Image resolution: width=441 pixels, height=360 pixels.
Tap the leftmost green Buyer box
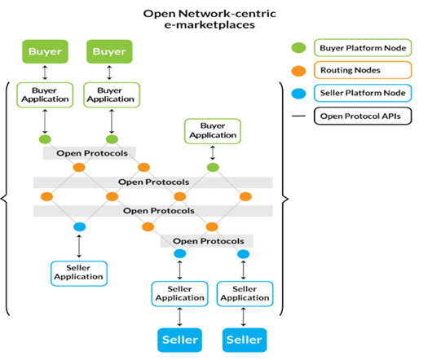[x=44, y=52]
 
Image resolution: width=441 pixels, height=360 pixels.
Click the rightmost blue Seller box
[x=244, y=339]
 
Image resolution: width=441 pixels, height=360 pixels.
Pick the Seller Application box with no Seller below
[x=79, y=272]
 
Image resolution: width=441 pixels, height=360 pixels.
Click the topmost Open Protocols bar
[x=90, y=153]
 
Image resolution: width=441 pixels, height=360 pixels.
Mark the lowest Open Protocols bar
[x=207, y=241]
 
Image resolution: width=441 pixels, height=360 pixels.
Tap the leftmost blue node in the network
[x=80, y=226]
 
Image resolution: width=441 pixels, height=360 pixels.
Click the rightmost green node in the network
[x=213, y=168]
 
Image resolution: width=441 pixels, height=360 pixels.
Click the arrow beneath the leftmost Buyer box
[x=44, y=73]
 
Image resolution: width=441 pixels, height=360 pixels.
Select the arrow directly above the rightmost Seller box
[x=244, y=317]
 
